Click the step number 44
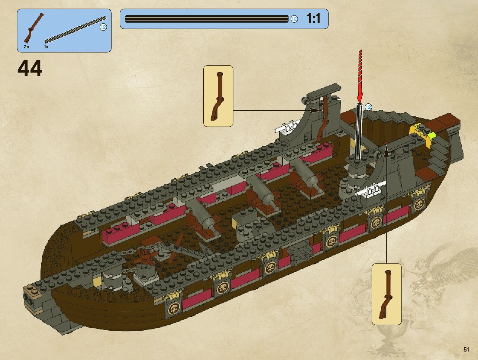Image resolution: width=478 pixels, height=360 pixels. [30, 69]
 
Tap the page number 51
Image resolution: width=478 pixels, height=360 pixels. [466, 349]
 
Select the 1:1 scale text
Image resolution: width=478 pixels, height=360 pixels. [313, 18]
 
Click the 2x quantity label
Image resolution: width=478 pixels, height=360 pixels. [27, 47]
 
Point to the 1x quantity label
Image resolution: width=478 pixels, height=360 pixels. [46, 47]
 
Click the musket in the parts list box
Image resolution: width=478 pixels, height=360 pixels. [33, 28]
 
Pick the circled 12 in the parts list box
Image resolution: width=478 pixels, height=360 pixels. [103, 27]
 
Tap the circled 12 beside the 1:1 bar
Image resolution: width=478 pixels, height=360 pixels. [294, 19]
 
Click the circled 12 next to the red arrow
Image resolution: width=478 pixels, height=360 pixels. [368, 107]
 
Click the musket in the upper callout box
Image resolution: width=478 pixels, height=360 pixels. [218, 96]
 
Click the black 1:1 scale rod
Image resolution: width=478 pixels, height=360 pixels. [207, 19]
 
